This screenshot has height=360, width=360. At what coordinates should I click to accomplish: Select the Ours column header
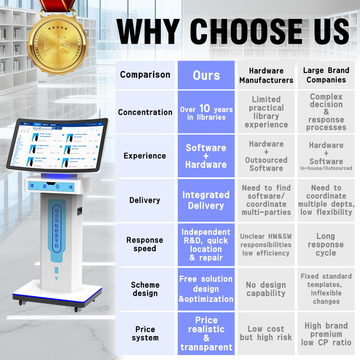click(x=206, y=75)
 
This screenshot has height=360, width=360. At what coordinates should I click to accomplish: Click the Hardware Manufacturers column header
click(x=266, y=75)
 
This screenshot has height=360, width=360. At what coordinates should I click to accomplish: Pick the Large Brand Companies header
click(x=326, y=75)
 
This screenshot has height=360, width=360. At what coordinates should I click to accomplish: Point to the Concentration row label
click(x=145, y=112)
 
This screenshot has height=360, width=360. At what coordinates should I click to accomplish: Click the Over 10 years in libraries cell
click(x=206, y=112)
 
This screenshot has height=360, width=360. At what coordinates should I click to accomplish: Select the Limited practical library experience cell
click(x=266, y=112)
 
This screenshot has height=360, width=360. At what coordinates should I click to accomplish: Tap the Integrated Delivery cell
click(x=206, y=200)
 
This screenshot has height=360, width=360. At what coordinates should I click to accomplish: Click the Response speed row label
click(x=145, y=244)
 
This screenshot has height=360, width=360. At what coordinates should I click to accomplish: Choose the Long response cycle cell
click(x=326, y=244)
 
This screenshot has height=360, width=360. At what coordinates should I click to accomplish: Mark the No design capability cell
click(x=266, y=289)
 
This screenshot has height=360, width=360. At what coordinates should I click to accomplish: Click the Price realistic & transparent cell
click(x=206, y=333)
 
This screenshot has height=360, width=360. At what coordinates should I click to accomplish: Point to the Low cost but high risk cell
click(x=266, y=333)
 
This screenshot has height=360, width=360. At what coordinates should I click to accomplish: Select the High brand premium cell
click(x=326, y=333)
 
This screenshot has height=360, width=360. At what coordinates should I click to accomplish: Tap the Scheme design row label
click(x=145, y=289)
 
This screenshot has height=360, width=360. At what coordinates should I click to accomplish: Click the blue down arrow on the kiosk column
click(x=57, y=278)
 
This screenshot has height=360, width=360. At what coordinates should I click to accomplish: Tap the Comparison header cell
click(x=145, y=75)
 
